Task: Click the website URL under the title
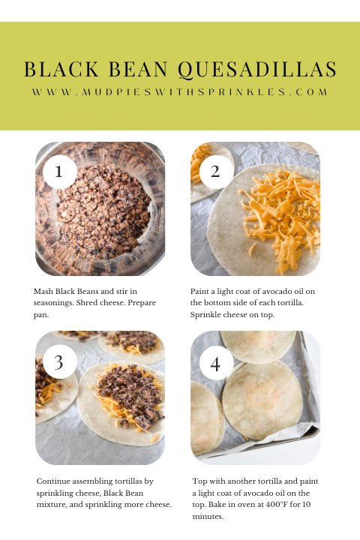click(180, 92)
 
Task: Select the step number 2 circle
click(216, 170)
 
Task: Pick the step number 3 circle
click(60, 362)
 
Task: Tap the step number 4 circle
click(216, 364)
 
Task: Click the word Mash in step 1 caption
click(44, 289)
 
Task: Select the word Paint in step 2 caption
click(202, 289)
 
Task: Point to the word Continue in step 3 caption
click(57, 481)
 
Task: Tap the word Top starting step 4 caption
click(199, 481)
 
